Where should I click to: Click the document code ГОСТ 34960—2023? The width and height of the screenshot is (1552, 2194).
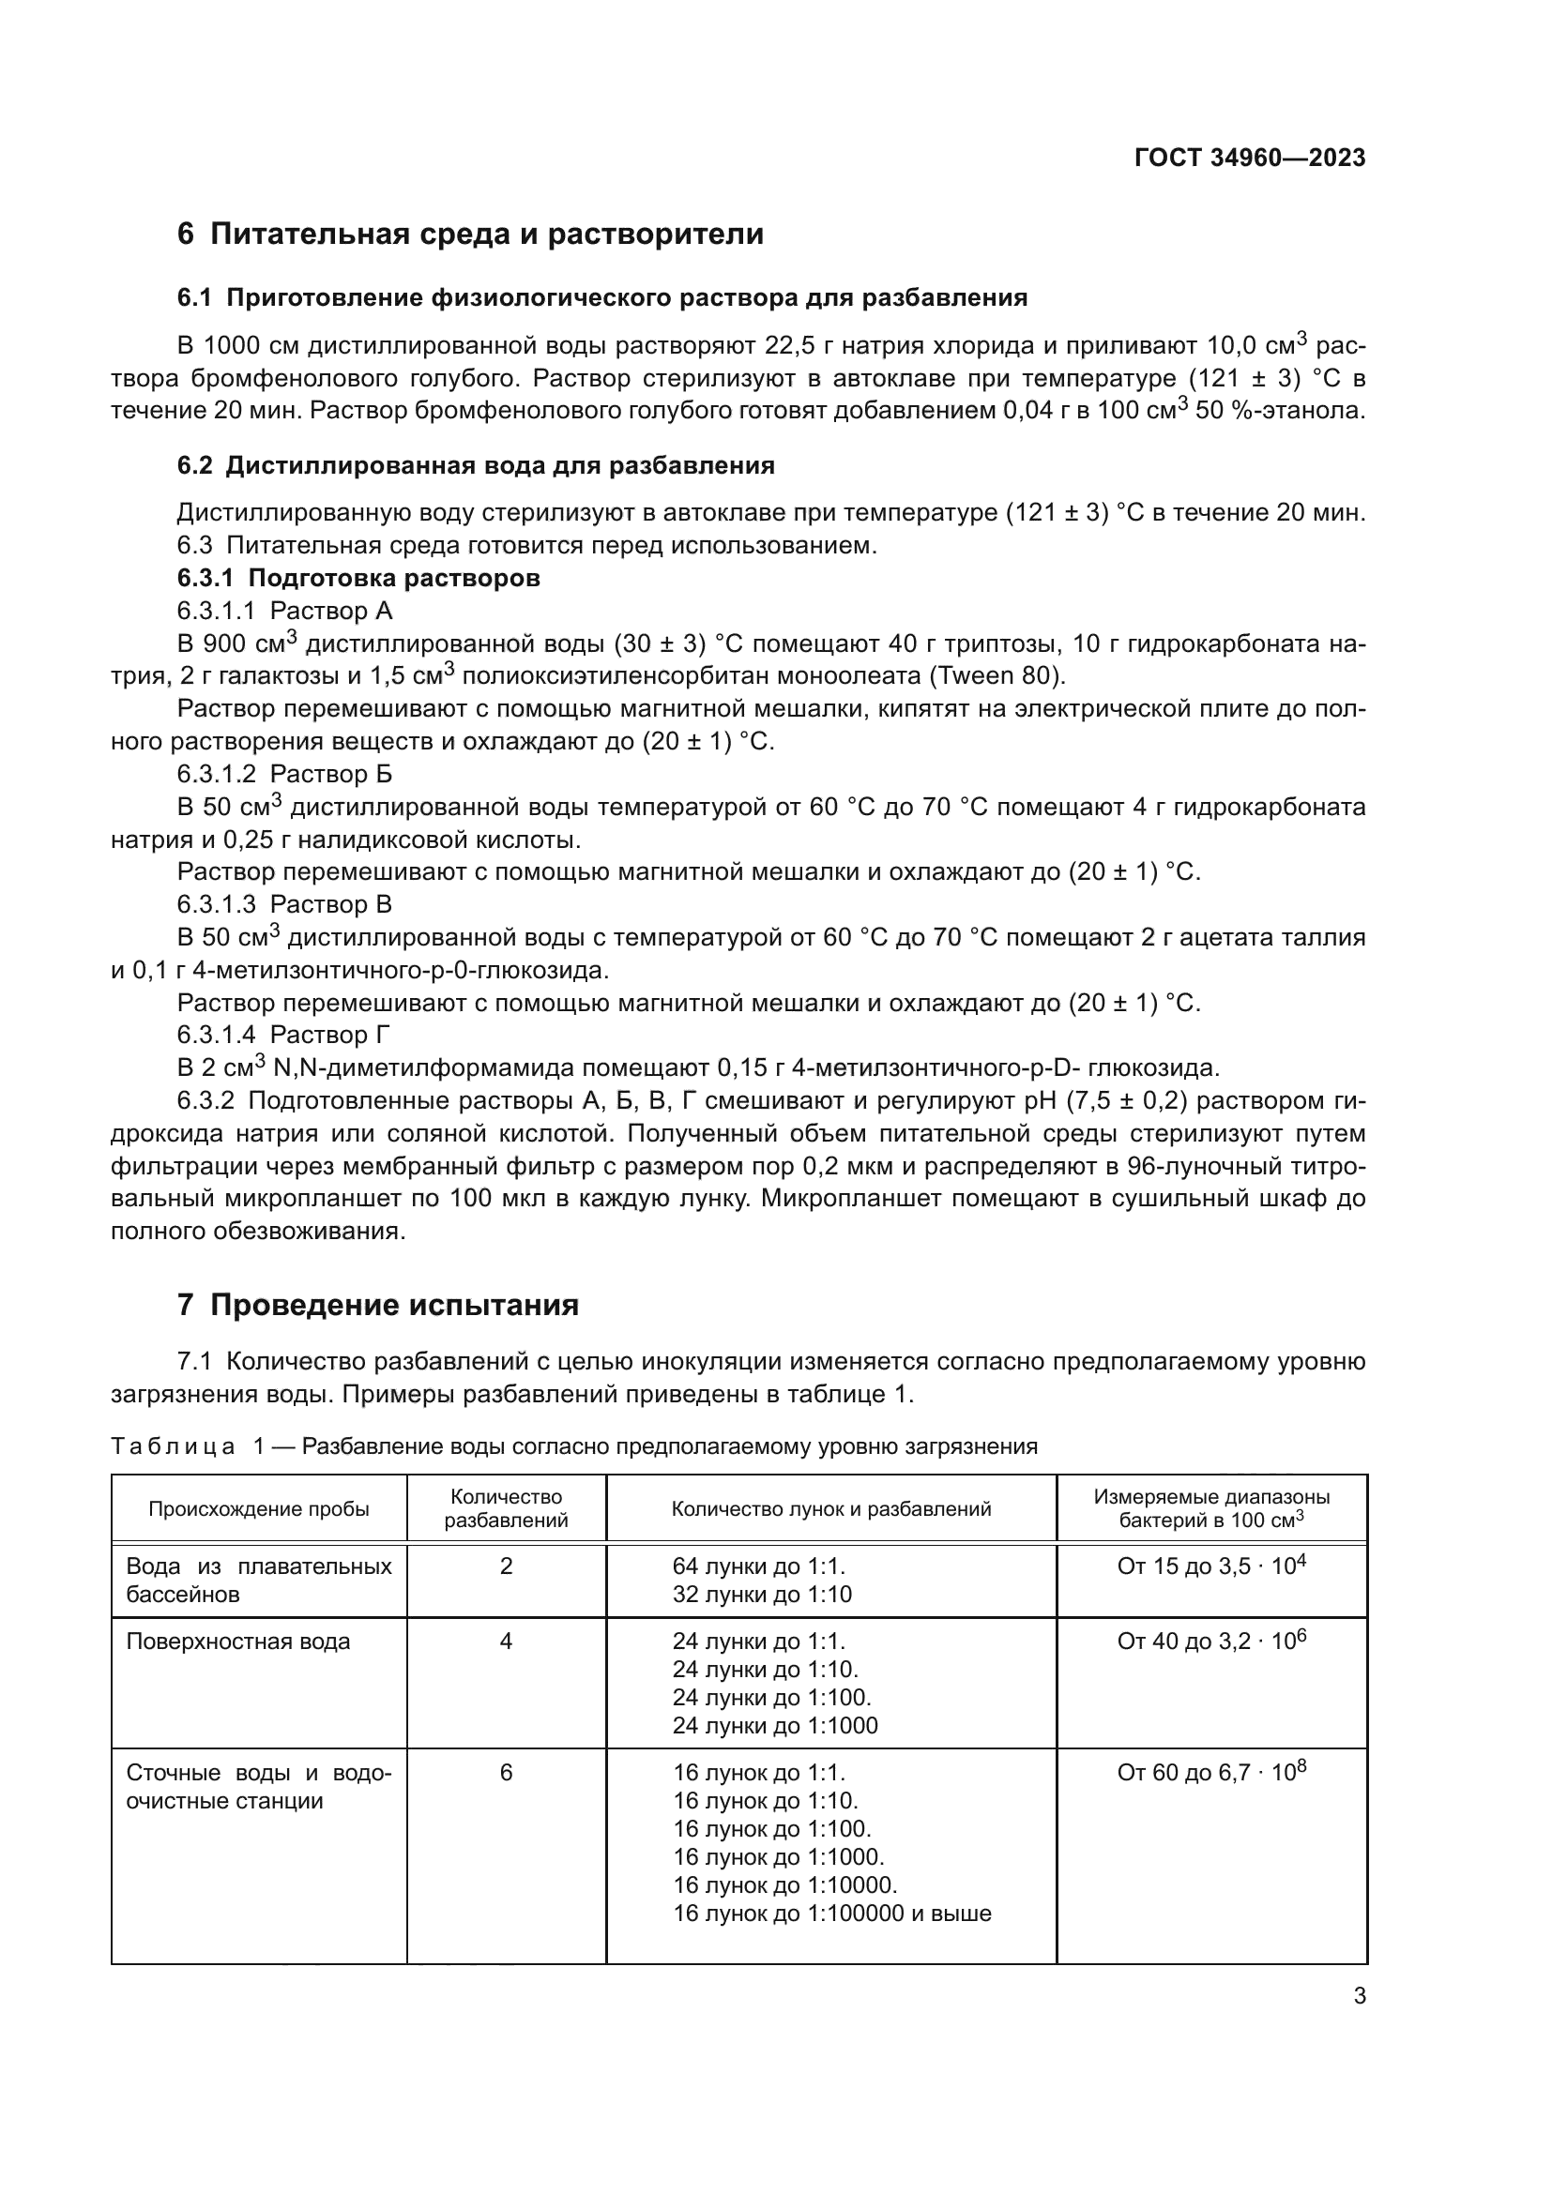tap(1249, 158)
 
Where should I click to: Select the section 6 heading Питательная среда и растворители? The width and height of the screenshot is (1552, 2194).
tap(470, 235)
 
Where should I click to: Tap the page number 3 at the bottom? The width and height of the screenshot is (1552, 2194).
tap(1359, 1996)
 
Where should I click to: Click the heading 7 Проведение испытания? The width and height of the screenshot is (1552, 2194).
tap(377, 1306)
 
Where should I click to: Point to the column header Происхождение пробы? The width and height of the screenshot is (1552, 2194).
tap(258, 1509)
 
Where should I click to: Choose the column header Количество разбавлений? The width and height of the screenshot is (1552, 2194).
tap(506, 1509)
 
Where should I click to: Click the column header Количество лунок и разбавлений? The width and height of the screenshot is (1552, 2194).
tap(830, 1509)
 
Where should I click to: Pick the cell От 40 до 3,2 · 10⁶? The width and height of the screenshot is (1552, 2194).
tap(1210, 1642)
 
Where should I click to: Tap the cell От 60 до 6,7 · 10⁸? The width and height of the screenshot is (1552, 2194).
tap(1210, 1774)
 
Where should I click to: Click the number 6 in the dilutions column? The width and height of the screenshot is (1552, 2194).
tap(506, 1774)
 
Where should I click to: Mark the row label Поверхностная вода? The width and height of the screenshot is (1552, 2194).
tap(238, 1642)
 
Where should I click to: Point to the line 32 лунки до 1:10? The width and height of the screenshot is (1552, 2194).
tap(762, 1595)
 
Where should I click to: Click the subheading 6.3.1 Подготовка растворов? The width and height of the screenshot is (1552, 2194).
tap(358, 578)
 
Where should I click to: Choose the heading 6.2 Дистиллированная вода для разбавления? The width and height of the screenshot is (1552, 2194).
tap(475, 466)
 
